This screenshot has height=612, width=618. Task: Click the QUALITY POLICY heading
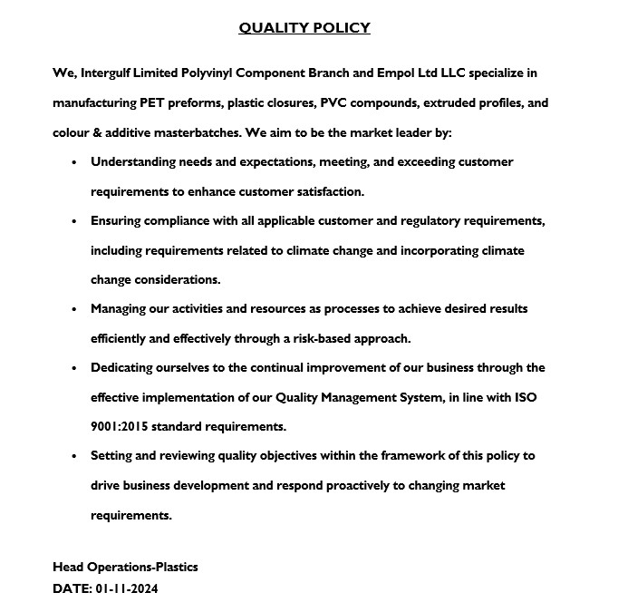[304, 28]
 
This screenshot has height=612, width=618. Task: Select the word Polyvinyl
[226, 73]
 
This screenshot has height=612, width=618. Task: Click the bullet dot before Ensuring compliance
[73, 221]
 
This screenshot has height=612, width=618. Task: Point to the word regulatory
[442, 220]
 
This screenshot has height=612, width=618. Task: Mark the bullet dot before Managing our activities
[73, 309]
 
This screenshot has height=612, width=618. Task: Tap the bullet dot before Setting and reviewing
[73, 456]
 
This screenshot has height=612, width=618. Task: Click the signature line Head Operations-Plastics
[125, 568]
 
